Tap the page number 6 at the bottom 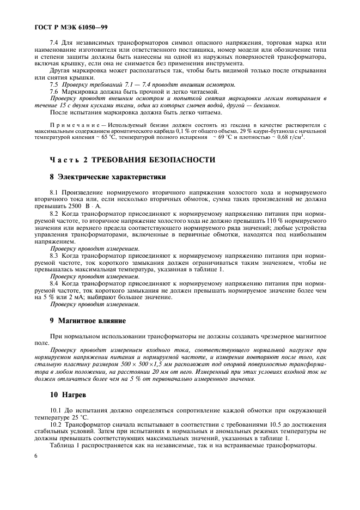pos(35,455)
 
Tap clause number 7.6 pos(54,92)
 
